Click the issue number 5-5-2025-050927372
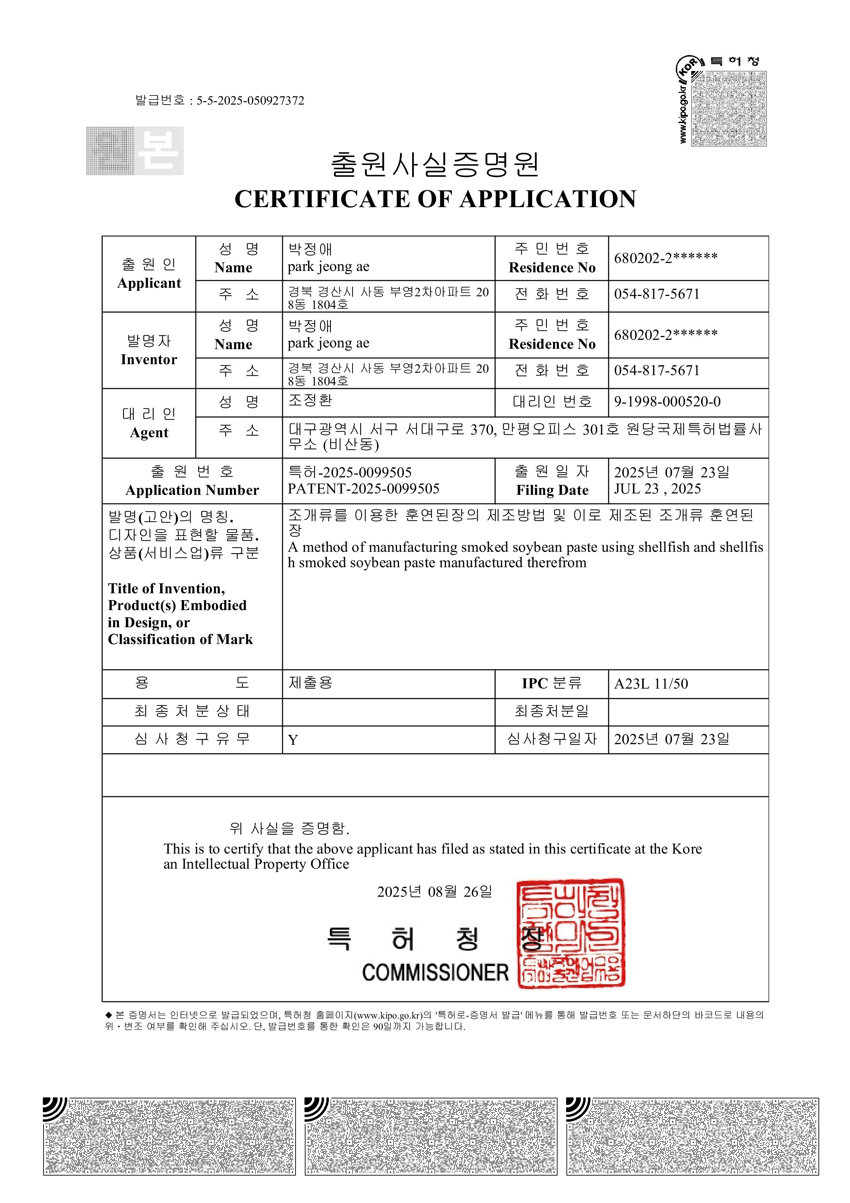click(250, 100)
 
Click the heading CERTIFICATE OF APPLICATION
click(435, 199)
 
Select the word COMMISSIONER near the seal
click(435, 973)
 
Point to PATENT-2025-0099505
click(363, 489)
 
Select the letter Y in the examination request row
click(293, 740)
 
